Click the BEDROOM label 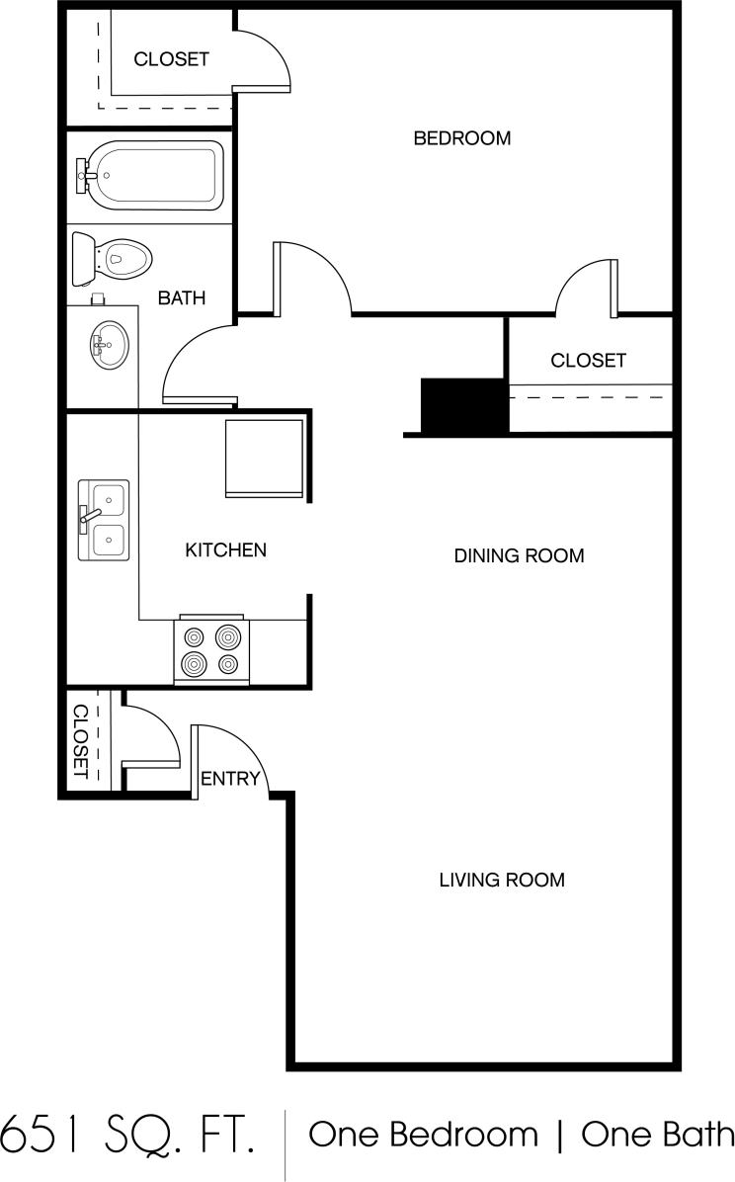[461, 138]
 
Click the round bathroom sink [107, 345]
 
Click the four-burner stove [211, 650]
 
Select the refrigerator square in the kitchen [265, 459]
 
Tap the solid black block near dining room [464, 405]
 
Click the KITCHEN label [225, 549]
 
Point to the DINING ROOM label [519, 555]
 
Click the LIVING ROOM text [502, 879]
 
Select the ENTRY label [230, 779]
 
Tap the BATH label [182, 297]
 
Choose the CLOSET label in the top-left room [171, 59]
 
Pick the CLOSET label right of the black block [588, 361]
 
